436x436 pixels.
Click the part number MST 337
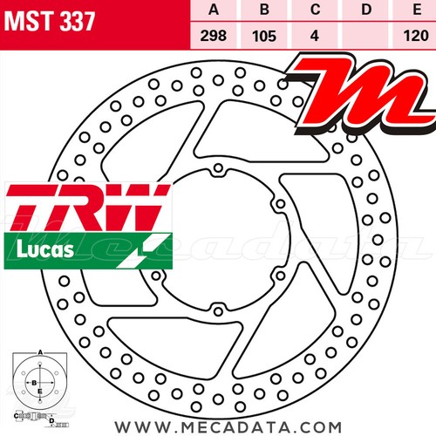[50, 21]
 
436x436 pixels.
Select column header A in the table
[214, 10]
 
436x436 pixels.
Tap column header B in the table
[264, 10]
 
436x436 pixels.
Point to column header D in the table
[366, 10]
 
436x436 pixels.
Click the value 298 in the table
[214, 36]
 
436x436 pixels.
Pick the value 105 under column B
[264, 37]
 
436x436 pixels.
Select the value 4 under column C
[315, 36]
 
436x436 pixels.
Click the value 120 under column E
[416, 36]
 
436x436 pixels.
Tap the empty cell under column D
[365, 36]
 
